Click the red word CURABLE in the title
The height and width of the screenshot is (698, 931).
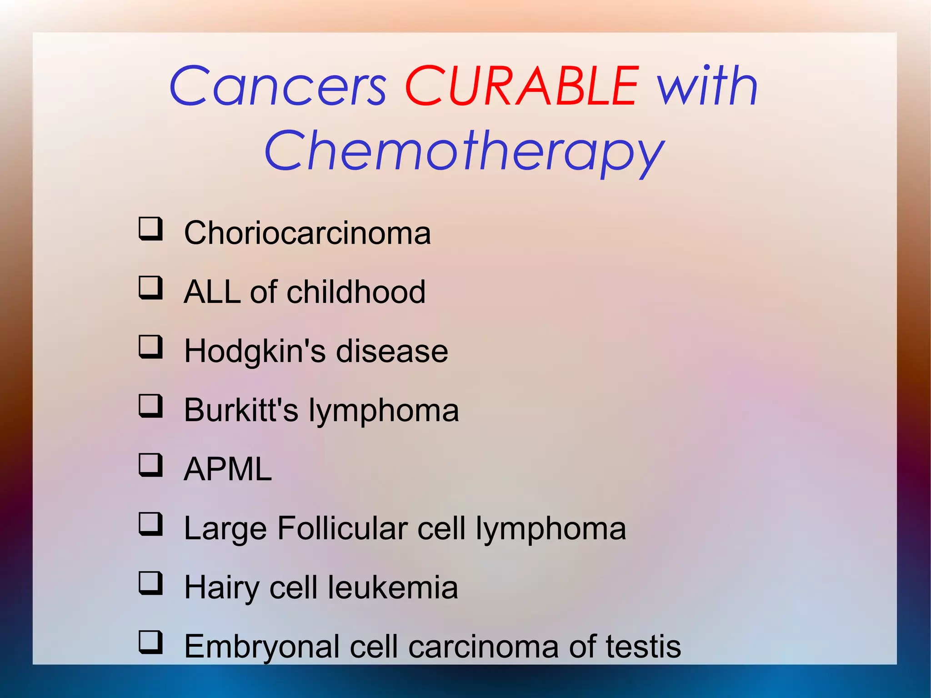click(x=522, y=86)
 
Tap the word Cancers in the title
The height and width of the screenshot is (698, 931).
click(x=278, y=86)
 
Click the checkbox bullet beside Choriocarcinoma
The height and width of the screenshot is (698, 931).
click(x=150, y=228)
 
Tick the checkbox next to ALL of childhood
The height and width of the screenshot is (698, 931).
click(x=150, y=287)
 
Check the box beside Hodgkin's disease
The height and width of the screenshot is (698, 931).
click(x=150, y=346)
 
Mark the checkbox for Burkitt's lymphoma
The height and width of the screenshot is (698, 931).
click(x=150, y=406)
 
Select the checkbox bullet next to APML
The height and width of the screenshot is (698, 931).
click(x=150, y=465)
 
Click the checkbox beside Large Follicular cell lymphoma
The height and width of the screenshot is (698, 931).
click(x=150, y=524)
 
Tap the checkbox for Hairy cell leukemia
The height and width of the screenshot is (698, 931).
click(x=150, y=583)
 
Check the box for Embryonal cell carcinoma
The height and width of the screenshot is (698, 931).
click(x=150, y=642)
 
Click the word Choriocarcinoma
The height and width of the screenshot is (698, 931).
click(x=307, y=233)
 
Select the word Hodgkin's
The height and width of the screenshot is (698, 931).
click(x=255, y=352)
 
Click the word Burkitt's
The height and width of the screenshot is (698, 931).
click(x=241, y=410)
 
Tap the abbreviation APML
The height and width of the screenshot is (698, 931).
click(x=228, y=469)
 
